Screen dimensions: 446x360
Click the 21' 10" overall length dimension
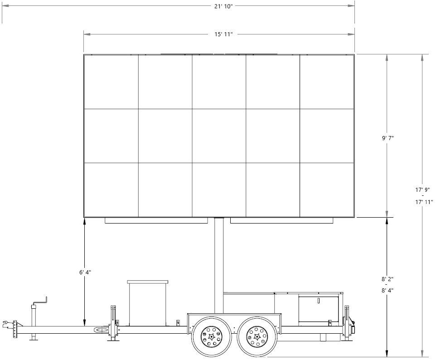click(x=223, y=6)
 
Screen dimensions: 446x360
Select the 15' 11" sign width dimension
click(x=223, y=34)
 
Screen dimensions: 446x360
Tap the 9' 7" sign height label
click(x=388, y=138)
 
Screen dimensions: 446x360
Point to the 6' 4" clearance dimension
click(x=85, y=272)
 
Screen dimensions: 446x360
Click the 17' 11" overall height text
click(x=424, y=202)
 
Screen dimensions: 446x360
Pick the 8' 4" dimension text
click(x=388, y=291)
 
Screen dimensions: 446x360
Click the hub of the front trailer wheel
click(x=211, y=337)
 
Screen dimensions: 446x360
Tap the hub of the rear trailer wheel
click(x=257, y=337)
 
